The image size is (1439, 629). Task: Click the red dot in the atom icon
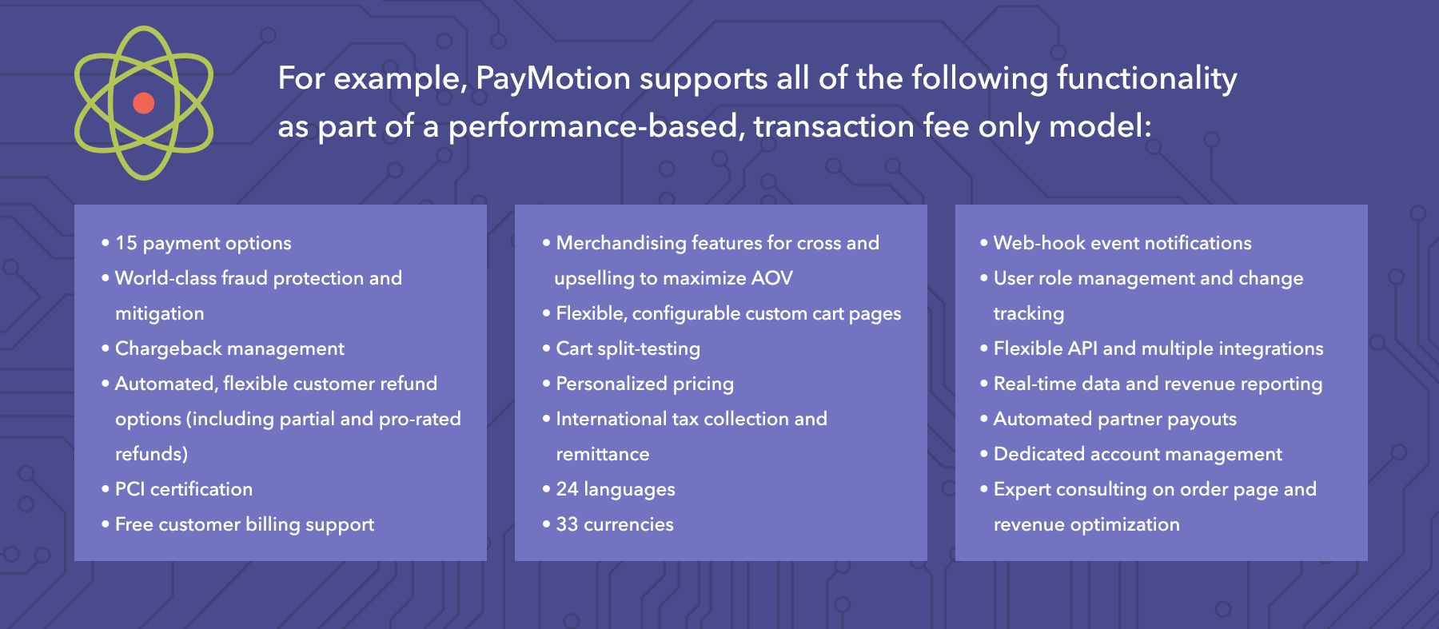(x=144, y=103)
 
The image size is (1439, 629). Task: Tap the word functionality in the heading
(x=1146, y=79)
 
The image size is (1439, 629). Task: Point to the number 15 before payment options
(x=126, y=243)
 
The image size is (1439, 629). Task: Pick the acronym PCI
(x=130, y=489)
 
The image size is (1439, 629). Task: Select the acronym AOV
(x=772, y=278)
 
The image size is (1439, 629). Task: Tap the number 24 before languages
(x=567, y=489)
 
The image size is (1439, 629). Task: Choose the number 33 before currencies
(x=567, y=524)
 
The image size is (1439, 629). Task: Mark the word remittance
(x=603, y=454)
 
